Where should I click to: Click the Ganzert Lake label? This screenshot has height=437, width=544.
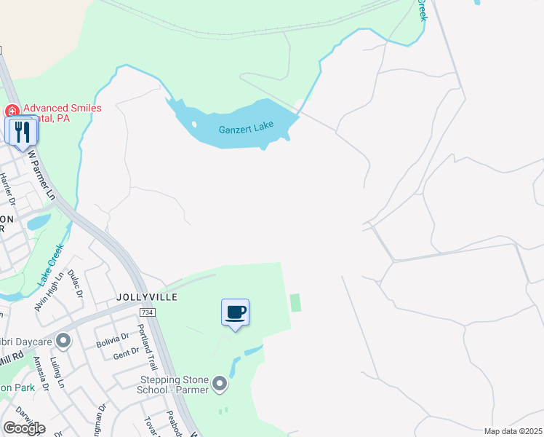pyautogui.click(x=246, y=129)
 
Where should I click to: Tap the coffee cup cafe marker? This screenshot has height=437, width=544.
pyautogui.click(x=235, y=313)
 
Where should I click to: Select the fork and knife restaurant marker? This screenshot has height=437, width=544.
pyautogui.click(x=21, y=131)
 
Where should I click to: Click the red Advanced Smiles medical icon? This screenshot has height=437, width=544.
pyautogui.click(x=12, y=111)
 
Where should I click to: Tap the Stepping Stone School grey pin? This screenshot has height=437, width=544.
pyautogui.click(x=220, y=382)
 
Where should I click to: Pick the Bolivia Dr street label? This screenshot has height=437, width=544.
pyautogui.click(x=114, y=337)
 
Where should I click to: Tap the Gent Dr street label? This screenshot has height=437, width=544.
pyautogui.click(x=127, y=353)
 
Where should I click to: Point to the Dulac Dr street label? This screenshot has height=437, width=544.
pyautogui.click(x=76, y=285)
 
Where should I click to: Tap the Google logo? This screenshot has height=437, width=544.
pyautogui.click(x=23, y=428)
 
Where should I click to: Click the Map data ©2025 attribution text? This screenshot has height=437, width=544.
pyautogui.click(x=513, y=431)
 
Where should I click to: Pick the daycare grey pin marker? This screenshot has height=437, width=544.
pyautogui.click(x=63, y=340)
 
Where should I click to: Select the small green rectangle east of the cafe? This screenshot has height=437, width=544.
pyautogui.click(x=295, y=302)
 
